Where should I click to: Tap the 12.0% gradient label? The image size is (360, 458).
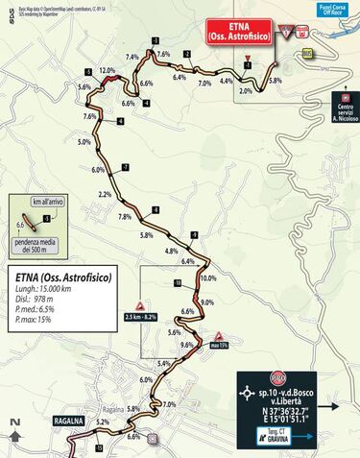coord(107,71)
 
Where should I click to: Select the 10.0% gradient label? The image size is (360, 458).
coord(208,278)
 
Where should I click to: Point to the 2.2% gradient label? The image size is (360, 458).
coord(106,195)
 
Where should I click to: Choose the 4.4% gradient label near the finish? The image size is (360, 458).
coord(226,82)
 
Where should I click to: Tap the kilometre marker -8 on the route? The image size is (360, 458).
coord(155,210)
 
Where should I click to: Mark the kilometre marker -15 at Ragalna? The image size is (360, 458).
coord(99,447)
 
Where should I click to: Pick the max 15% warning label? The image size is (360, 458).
coord(218,346)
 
